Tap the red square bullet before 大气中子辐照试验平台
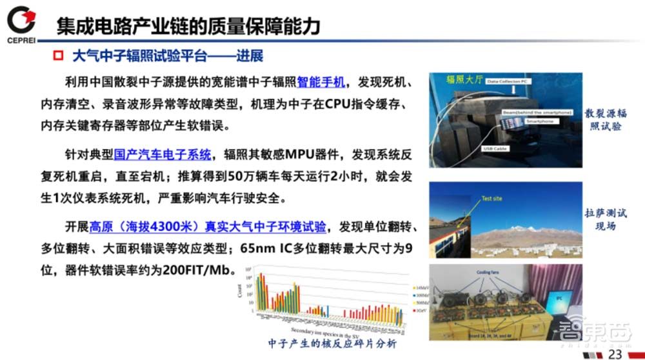click(57, 56)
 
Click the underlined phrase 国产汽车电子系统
click(163, 154)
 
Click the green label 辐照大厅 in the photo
click(464, 80)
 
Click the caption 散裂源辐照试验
click(606, 119)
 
